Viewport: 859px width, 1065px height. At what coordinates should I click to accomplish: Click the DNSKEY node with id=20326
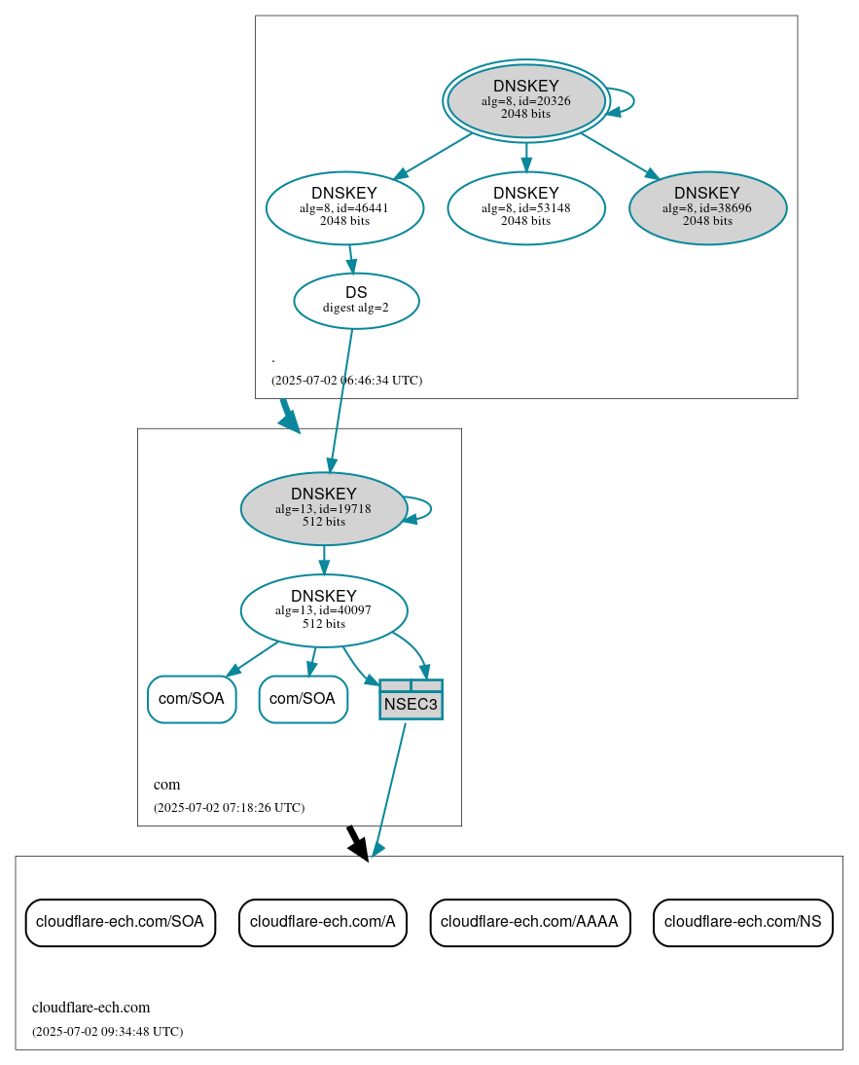(x=525, y=100)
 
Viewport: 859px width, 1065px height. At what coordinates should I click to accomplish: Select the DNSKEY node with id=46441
(x=344, y=206)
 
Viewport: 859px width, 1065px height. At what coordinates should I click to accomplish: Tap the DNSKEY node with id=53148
(x=525, y=206)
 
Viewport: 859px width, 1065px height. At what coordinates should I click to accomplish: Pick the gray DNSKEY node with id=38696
(x=707, y=206)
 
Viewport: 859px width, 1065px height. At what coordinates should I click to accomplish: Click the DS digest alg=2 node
(x=356, y=300)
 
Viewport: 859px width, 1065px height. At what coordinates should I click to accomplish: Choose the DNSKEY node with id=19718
(x=323, y=507)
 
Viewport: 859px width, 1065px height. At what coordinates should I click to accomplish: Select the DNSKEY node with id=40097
(x=323, y=609)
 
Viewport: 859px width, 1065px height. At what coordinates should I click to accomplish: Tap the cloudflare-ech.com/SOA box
(x=120, y=921)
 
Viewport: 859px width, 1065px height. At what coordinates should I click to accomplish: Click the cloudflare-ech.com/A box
(x=322, y=921)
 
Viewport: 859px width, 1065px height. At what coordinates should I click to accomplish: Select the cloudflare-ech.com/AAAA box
(x=529, y=921)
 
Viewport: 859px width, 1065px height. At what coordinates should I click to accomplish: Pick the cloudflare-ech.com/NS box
(x=742, y=921)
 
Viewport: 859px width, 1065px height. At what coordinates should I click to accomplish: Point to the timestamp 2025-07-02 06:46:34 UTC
(x=346, y=380)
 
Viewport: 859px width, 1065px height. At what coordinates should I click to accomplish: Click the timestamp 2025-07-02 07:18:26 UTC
(x=229, y=807)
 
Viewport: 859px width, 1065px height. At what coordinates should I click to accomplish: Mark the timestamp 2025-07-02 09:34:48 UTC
(x=107, y=1031)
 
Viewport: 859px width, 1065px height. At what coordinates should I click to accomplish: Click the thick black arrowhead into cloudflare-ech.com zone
(x=360, y=849)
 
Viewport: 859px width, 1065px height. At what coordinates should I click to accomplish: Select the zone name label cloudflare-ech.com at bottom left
(x=90, y=1008)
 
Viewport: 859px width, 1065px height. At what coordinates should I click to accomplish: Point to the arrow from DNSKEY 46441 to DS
(x=351, y=259)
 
